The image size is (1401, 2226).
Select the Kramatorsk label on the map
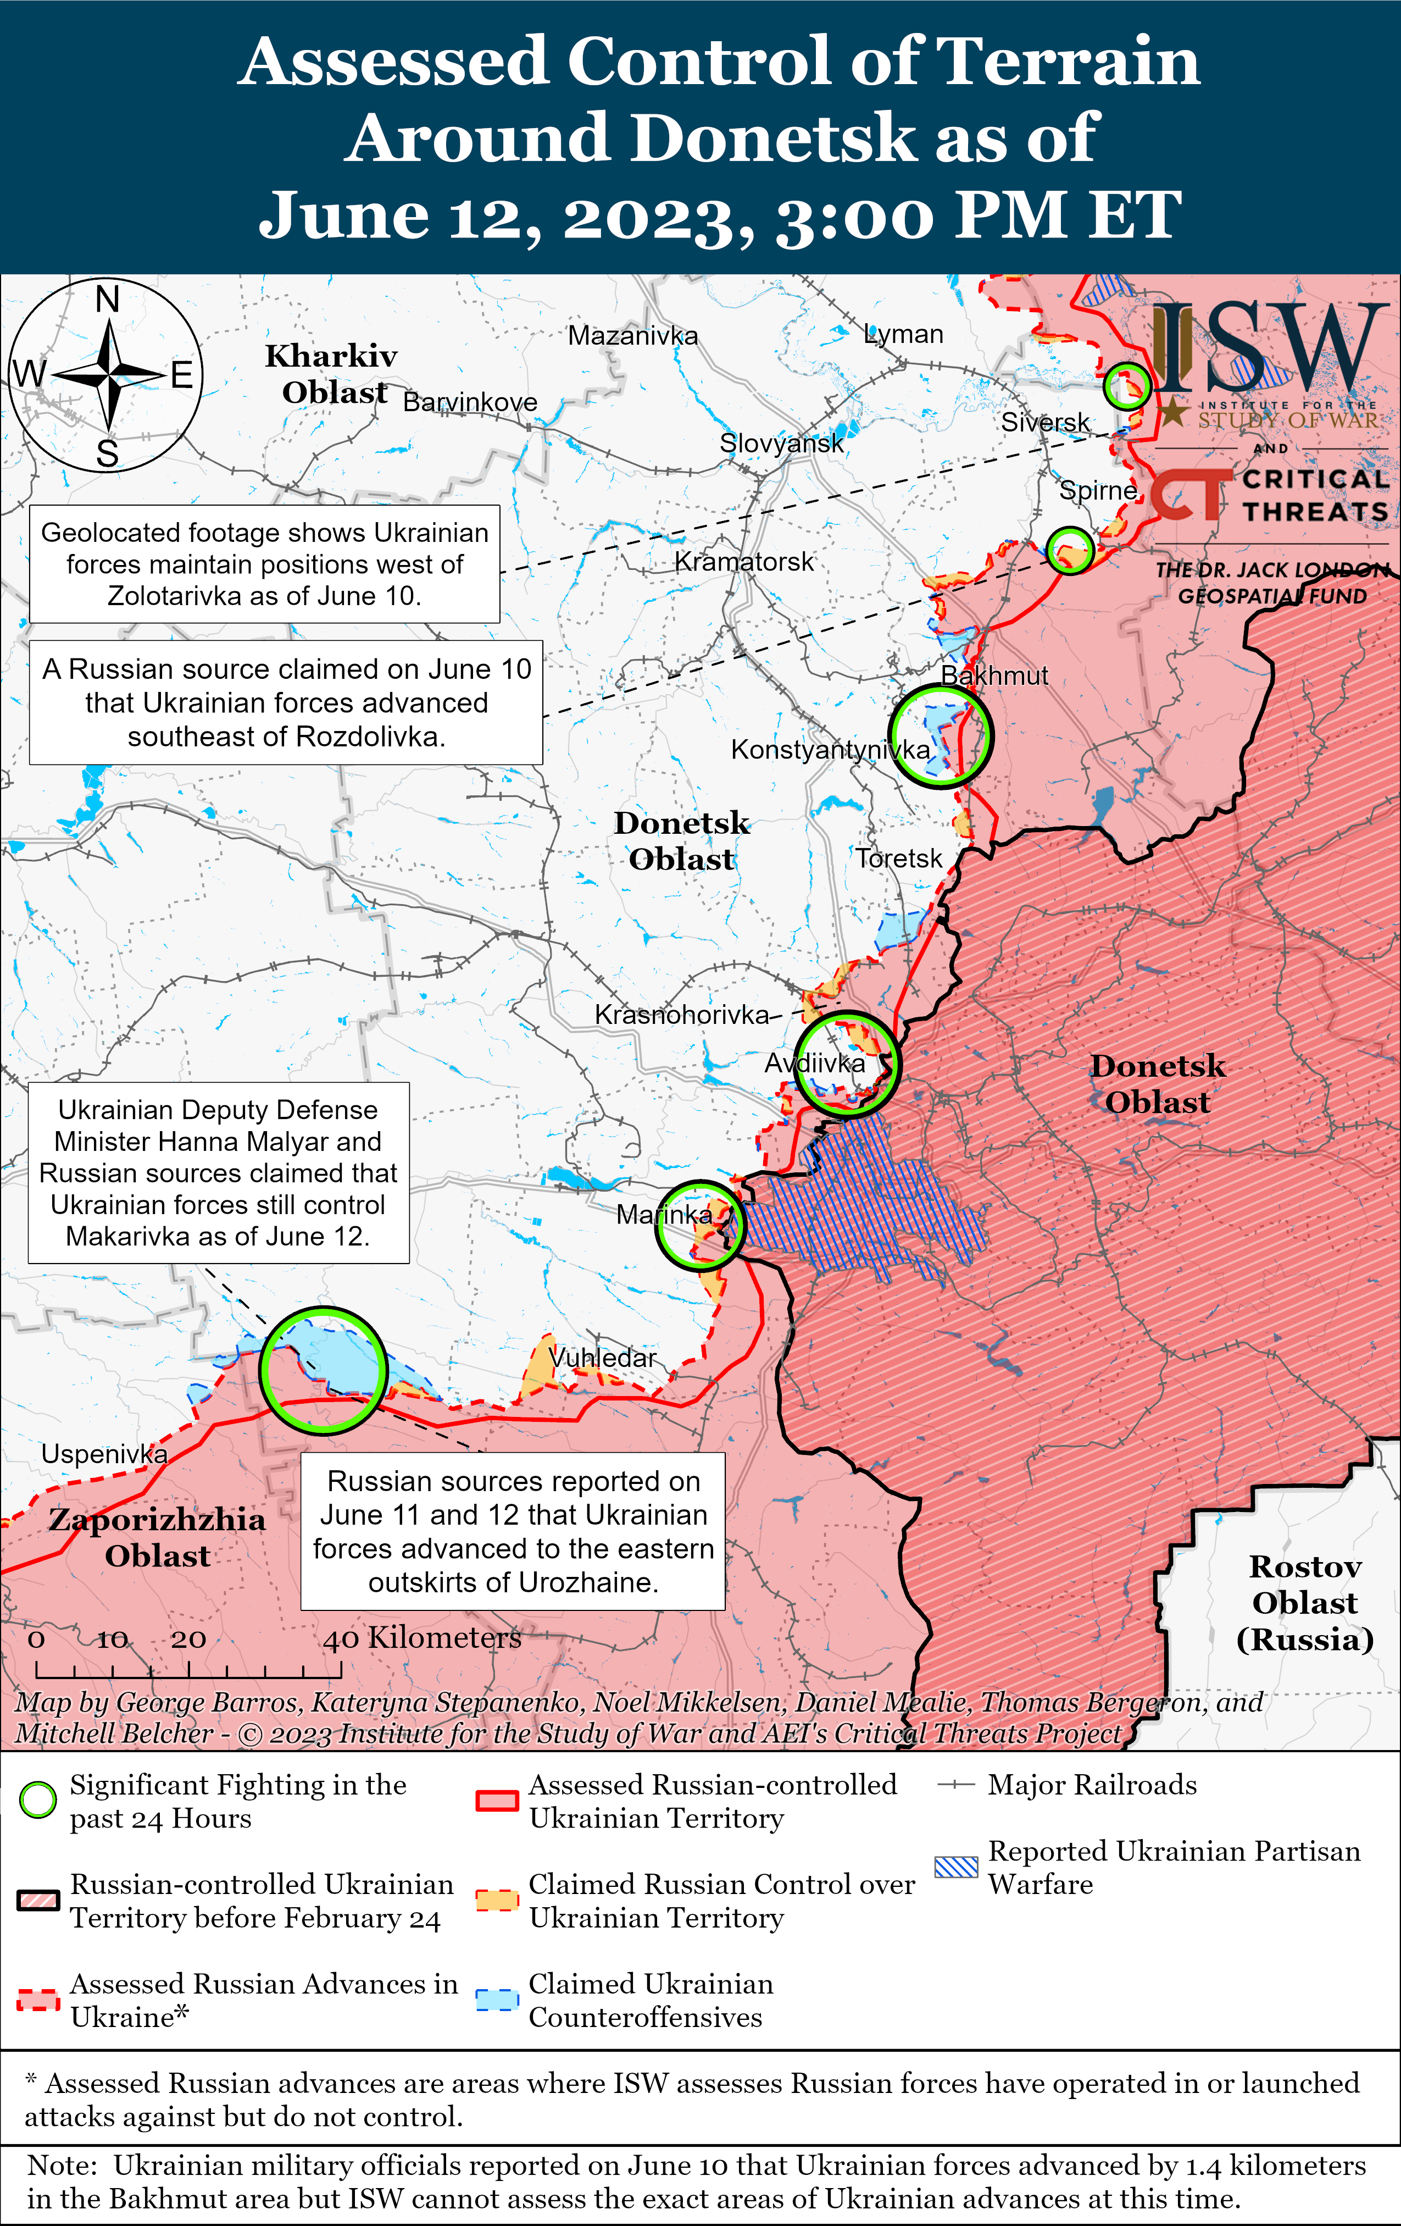pos(744,561)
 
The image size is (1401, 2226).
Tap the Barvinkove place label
pos(470,402)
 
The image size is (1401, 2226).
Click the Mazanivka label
pos(632,336)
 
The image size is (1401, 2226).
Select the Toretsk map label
pos(898,858)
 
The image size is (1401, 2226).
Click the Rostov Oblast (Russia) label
pos(1305,1602)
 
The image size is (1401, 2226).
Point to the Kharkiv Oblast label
pos(333,373)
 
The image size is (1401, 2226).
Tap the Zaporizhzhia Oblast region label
pos(157,1536)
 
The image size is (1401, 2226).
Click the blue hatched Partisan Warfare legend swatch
pos(955,1867)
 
